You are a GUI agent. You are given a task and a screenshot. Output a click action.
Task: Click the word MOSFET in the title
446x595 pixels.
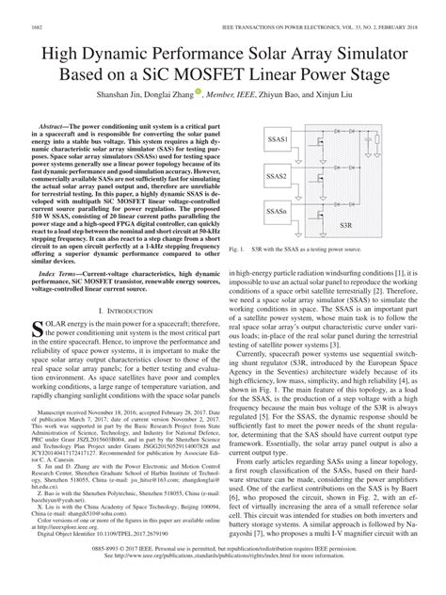(261, 74)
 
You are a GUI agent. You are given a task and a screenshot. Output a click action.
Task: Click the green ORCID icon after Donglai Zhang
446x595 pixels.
(204, 94)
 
